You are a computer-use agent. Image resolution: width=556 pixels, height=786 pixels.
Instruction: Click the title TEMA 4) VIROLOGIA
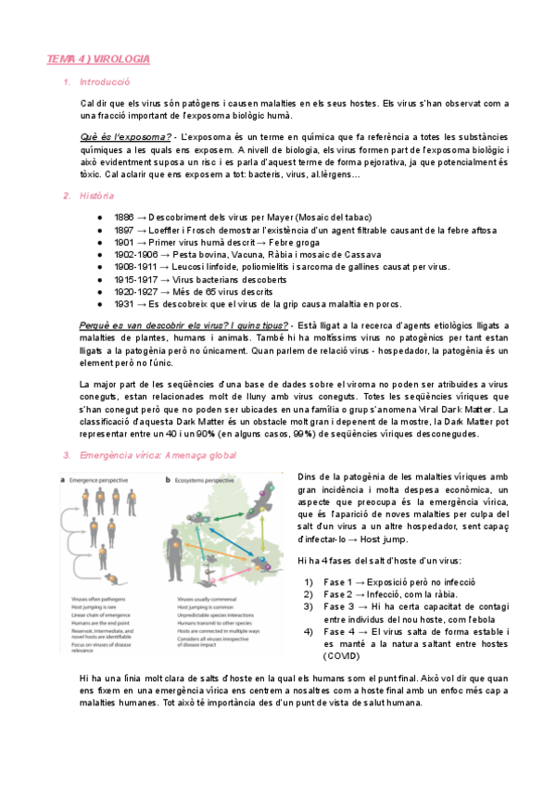click(x=98, y=59)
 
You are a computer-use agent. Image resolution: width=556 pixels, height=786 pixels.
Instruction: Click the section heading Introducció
click(x=104, y=83)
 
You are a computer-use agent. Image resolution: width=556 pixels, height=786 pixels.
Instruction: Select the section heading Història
click(x=97, y=196)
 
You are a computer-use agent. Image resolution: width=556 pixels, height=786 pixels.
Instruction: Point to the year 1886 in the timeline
click(x=125, y=215)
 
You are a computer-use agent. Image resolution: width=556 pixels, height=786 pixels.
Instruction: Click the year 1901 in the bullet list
click(x=125, y=240)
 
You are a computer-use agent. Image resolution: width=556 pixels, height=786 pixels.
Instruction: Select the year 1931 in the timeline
click(x=125, y=303)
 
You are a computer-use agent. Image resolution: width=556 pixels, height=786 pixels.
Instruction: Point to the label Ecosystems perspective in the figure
click(x=205, y=480)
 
